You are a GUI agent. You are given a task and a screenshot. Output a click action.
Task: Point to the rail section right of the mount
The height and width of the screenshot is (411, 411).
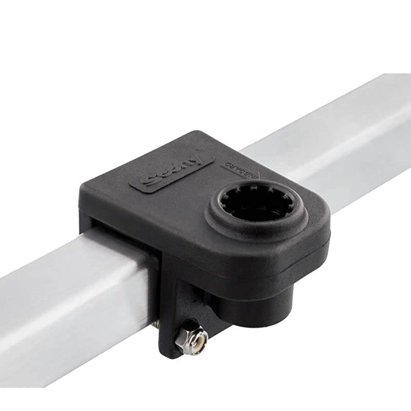click(349, 134)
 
